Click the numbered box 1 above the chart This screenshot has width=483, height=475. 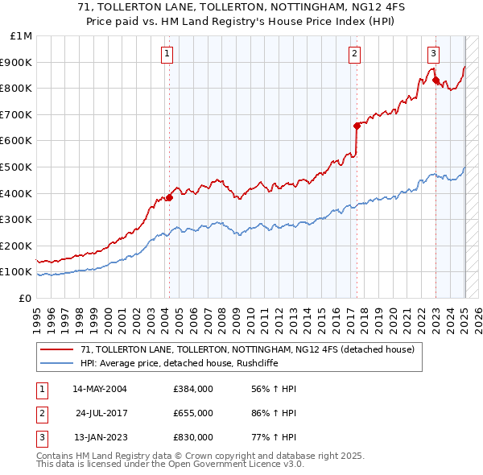tap(167, 54)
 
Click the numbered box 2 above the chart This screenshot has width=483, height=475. tap(354, 54)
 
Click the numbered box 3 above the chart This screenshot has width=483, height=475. tap(433, 54)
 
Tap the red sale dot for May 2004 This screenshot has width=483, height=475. tap(170, 197)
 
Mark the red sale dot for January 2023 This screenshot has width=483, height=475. tap(436, 80)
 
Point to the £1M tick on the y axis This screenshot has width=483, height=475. tap(21, 36)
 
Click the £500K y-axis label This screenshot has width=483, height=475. tap(16, 167)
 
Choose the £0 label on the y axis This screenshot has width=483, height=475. tap(25, 298)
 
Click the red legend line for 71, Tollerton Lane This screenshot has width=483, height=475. tap(56, 349)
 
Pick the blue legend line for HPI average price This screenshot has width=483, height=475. tap(56, 363)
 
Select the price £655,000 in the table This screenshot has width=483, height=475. tap(192, 413)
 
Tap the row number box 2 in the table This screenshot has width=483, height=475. tap(39, 413)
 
